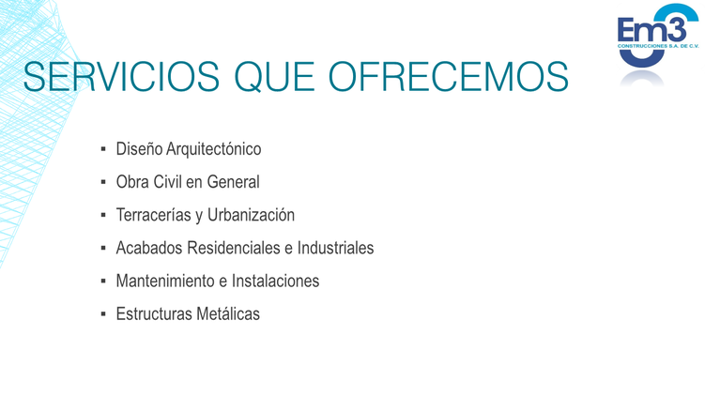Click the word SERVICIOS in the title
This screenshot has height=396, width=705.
coord(121,77)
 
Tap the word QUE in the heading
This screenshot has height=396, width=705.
coord(274,77)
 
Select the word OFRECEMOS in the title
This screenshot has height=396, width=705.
coord(449,77)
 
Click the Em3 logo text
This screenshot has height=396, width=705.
coord(651,30)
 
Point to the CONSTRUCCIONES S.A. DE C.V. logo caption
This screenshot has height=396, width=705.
coord(658,46)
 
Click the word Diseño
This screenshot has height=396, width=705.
coord(139,149)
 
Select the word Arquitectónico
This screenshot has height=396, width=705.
coord(214,149)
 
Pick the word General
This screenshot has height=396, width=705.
coord(234,182)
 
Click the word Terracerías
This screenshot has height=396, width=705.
coord(154,215)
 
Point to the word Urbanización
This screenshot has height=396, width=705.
coord(251,215)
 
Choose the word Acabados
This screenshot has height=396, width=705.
coord(149,248)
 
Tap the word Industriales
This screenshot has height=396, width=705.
coord(335,248)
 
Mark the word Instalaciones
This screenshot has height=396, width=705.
coord(275,281)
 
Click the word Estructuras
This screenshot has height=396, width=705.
coord(154,313)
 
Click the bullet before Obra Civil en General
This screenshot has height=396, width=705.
coord(103,182)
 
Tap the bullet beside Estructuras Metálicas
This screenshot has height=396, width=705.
coord(103,313)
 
